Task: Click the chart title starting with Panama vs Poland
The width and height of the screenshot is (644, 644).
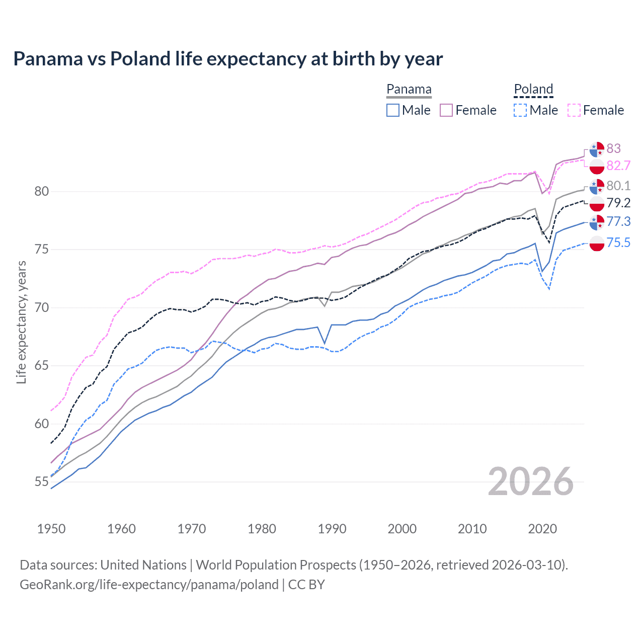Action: tap(228, 59)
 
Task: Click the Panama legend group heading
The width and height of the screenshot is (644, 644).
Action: tap(409, 89)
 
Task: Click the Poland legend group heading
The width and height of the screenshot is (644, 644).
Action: tap(533, 89)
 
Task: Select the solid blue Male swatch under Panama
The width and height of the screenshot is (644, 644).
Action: tap(393, 110)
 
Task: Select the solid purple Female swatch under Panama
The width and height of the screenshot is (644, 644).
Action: tap(446, 110)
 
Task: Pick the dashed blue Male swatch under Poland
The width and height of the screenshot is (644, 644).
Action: tap(520, 110)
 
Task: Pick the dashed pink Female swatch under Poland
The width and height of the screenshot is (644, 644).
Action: tap(574, 110)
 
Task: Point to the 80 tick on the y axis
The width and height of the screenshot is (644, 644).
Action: tap(42, 191)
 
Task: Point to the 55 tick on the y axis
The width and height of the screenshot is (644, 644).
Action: tap(42, 481)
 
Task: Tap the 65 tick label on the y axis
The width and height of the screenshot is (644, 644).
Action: tap(42, 365)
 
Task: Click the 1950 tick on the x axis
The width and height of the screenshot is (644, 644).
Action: tap(51, 529)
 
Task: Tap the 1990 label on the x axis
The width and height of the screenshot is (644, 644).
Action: tap(332, 529)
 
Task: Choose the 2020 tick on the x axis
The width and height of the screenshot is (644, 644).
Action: tap(542, 529)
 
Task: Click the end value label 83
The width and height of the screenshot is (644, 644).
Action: tap(613, 148)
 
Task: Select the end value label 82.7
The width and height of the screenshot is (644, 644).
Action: tap(618, 166)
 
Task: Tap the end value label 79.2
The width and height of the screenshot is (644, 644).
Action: tap(618, 203)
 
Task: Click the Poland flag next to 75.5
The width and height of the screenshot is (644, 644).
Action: tap(597, 243)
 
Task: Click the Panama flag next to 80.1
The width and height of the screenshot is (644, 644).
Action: tap(597, 186)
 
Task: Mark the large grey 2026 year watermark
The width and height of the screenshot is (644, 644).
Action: tap(530, 481)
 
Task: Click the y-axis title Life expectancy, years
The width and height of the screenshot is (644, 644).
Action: tap(22, 322)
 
